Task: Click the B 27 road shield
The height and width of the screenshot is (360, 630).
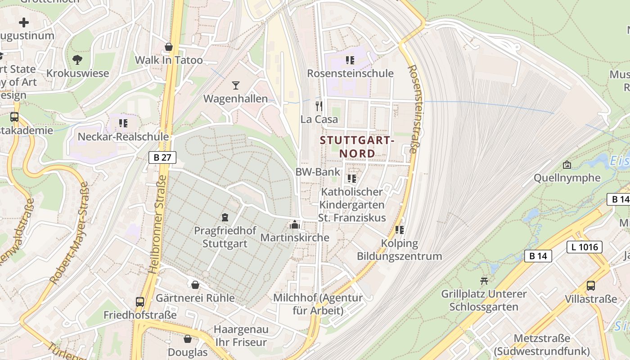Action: tap(162, 157)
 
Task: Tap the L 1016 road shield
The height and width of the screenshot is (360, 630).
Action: tap(584, 247)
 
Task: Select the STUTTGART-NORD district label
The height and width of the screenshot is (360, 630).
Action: tap(357, 147)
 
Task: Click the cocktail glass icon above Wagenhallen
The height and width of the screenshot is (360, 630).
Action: tap(236, 85)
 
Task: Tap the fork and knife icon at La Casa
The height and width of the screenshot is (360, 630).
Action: tap(319, 106)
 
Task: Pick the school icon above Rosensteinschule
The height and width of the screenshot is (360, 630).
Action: tap(350, 60)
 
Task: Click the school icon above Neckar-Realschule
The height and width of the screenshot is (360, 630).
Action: tap(123, 123)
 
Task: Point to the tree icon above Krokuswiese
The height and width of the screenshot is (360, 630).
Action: tap(77, 59)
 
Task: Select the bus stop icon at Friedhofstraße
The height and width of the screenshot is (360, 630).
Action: tap(140, 301)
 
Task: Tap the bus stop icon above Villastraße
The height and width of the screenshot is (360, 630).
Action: tap(590, 285)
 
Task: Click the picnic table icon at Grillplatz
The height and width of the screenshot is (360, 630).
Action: tap(484, 281)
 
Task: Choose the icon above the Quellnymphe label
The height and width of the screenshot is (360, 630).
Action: tap(567, 165)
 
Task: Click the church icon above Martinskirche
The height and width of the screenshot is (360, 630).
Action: tap(295, 224)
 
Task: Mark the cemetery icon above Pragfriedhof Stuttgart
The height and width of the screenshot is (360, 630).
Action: tap(225, 217)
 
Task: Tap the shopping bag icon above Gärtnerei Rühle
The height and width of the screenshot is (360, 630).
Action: tap(195, 285)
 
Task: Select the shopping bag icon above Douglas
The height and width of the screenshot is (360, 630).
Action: tap(188, 339)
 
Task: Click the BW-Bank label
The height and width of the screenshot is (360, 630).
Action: tap(318, 172)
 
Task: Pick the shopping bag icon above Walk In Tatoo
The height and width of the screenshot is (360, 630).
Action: tap(169, 47)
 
